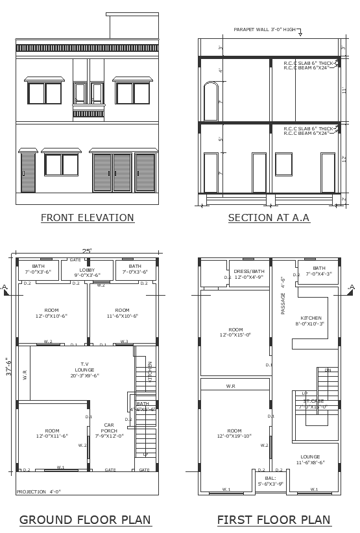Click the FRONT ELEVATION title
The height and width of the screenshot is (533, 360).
pos(88,218)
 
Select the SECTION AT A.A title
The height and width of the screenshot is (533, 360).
pos(269,218)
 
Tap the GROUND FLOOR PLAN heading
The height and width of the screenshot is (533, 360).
pos(85,519)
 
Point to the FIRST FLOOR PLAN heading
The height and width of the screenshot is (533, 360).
pos(274,519)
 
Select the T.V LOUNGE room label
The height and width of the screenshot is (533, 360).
pos(84,370)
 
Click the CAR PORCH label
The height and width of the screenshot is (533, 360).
pos(109,429)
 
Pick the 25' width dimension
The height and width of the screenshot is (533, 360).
pos(87,250)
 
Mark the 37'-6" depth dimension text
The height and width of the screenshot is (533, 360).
pos(8,370)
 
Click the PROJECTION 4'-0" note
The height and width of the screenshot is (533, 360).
pos(39,492)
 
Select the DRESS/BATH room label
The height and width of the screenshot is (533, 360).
pos(249,274)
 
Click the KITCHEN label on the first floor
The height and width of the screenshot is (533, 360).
pos(311,320)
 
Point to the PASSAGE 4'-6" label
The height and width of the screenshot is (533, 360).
pos(283,296)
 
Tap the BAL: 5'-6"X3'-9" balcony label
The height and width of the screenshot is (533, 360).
pos(270,480)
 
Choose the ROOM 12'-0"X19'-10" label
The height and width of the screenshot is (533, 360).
pos(234,433)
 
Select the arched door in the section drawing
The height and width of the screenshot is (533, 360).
pos(211,102)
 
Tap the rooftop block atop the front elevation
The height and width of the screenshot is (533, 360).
pos(134,26)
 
